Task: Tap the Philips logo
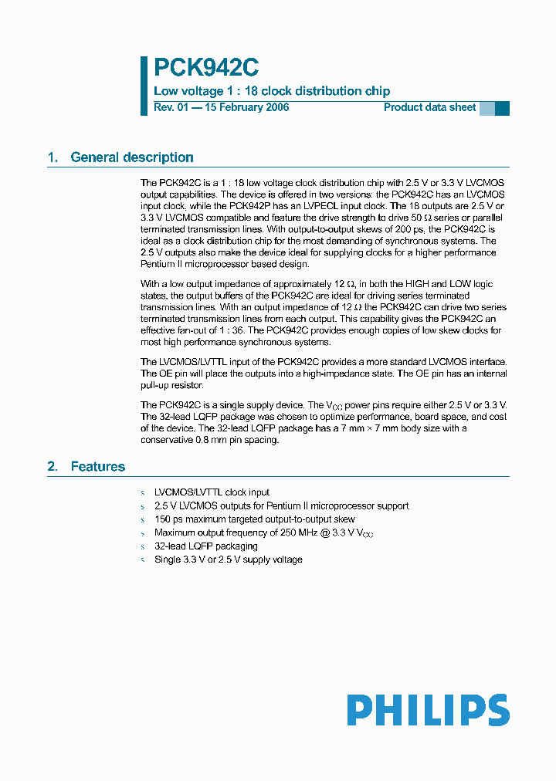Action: tap(428, 710)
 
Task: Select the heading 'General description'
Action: tap(131, 157)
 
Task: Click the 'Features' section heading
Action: tap(97, 466)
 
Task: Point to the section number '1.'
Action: tap(53, 157)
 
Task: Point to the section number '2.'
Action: tap(53, 466)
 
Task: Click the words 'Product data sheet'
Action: tap(429, 107)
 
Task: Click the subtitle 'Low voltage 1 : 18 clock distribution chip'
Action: tap(272, 91)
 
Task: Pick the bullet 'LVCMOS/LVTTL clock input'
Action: tap(212, 492)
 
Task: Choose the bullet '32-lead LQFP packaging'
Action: tap(205, 546)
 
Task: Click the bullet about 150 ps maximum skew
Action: tap(254, 519)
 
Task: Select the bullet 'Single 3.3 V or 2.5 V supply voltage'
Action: tap(228, 559)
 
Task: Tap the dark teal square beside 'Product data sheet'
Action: tap(502, 108)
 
